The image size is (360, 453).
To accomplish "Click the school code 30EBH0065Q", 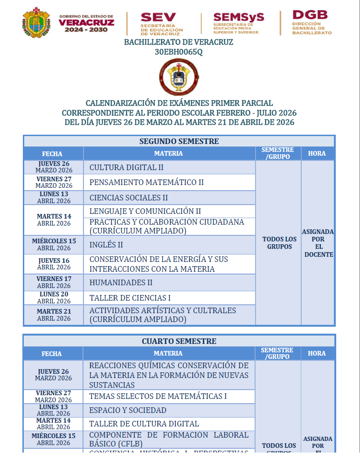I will pyautogui.click(x=179, y=52).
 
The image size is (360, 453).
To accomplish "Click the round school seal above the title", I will pyautogui.click(x=179, y=77).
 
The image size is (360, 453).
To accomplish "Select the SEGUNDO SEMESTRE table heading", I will pyautogui.click(x=179, y=141).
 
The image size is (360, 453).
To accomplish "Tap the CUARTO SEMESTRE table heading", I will pyautogui.click(x=179, y=341).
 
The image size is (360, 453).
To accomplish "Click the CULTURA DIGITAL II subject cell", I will pyautogui.click(x=126, y=167).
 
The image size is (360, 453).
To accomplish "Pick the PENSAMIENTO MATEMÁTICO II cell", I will pyautogui.click(x=146, y=182).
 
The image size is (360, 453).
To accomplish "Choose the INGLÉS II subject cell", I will pyautogui.click(x=106, y=244).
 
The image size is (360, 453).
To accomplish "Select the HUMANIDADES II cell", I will pyautogui.click(x=121, y=282).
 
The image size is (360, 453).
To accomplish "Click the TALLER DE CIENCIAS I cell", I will pyautogui.click(x=130, y=298).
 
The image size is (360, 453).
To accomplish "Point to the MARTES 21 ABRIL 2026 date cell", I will pyautogui.click(x=54, y=315).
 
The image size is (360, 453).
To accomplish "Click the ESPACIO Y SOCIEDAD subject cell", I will pyautogui.click(x=128, y=410).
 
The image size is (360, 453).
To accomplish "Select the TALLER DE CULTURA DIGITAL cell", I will pyautogui.click(x=144, y=424).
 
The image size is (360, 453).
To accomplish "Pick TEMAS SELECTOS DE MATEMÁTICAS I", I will pyautogui.click(x=158, y=396).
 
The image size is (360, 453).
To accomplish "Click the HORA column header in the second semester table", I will pyautogui.click(x=317, y=153).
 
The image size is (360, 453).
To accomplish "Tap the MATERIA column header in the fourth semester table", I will pyautogui.click(x=168, y=353).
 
